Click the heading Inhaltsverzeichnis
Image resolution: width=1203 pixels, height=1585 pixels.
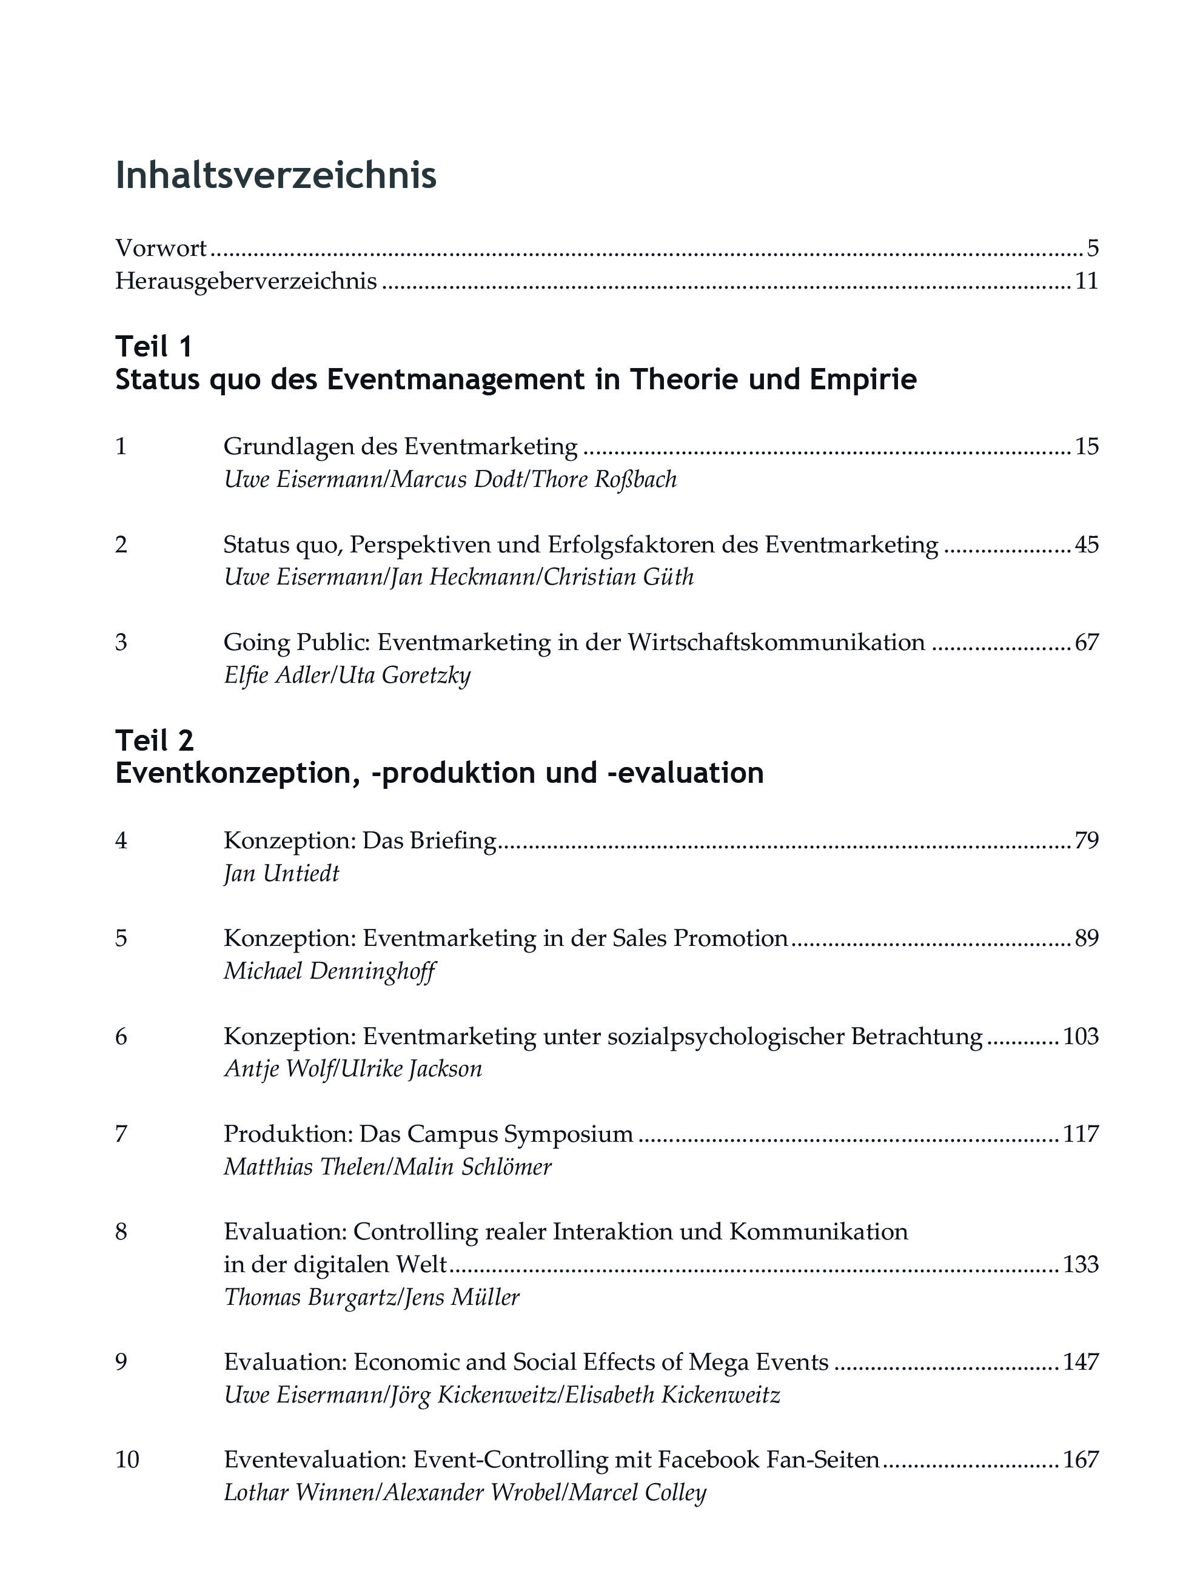point(276,176)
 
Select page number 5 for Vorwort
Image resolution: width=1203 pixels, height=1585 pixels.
point(1092,249)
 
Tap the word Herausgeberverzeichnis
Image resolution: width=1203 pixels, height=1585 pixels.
point(246,281)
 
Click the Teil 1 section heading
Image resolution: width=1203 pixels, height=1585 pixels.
point(154,347)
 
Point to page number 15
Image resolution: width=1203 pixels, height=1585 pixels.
point(1086,446)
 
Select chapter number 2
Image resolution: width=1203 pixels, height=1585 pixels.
point(121,545)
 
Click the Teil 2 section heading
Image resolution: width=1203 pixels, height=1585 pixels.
point(155,740)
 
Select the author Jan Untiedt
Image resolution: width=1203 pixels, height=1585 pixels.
point(281,874)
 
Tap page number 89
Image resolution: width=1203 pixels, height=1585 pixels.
point(1086,938)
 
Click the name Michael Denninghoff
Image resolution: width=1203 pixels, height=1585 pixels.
point(329,971)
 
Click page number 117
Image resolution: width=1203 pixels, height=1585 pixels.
point(1081,1134)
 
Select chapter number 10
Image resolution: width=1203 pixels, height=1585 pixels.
point(127,1459)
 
